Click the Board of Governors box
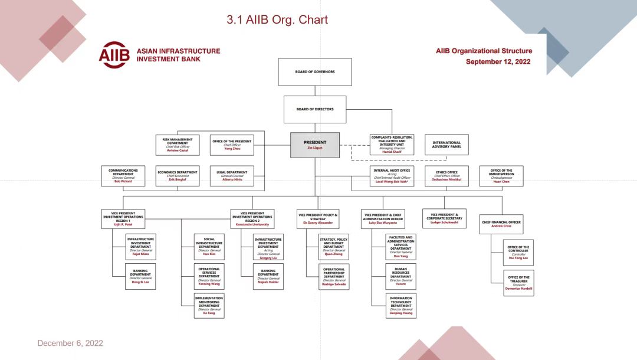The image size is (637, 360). click(315, 72)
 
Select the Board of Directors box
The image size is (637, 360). click(315, 109)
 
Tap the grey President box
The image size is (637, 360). click(315, 145)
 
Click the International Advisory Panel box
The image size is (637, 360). click(446, 145)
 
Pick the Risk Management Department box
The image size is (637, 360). click(178, 145)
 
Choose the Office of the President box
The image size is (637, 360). click(232, 145)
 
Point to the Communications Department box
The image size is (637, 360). click(123, 176)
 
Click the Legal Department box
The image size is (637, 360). click(232, 176)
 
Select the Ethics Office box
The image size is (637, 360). click(446, 176)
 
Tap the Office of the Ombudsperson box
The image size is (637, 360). click(501, 176)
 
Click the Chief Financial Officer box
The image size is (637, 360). click(501, 224)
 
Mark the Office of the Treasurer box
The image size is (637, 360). click(518, 283)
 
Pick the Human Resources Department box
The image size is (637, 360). click(400, 276)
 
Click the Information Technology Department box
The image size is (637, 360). click(400, 306)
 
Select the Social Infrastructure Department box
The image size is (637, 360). click(209, 247)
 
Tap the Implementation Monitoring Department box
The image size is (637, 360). click(209, 306)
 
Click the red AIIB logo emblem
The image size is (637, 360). click(114, 55)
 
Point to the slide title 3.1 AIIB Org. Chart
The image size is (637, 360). click(277, 20)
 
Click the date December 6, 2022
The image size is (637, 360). click(70, 343)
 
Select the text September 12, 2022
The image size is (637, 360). click(498, 61)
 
